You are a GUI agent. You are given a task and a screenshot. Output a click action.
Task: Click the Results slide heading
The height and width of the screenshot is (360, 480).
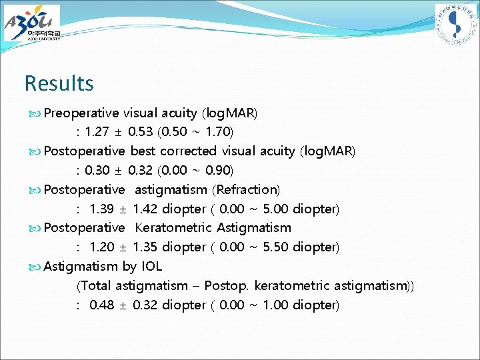click(x=59, y=83)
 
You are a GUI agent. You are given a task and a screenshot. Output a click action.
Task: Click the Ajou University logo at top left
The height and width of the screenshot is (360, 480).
click(x=32, y=23)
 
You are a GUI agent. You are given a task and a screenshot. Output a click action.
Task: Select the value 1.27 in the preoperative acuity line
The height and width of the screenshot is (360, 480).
click(x=99, y=132)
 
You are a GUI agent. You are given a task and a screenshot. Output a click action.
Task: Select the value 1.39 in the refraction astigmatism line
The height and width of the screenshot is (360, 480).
click(x=103, y=209)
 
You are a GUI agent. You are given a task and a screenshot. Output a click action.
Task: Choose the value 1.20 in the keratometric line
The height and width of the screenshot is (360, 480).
click(x=103, y=247)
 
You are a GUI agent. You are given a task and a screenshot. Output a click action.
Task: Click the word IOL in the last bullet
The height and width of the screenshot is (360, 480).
click(x=151, y=267)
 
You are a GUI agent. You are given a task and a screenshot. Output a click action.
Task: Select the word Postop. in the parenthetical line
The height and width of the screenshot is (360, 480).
click(x=227, y=286)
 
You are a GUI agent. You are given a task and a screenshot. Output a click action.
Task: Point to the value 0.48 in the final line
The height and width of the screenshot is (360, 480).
click(x=103, y=305)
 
